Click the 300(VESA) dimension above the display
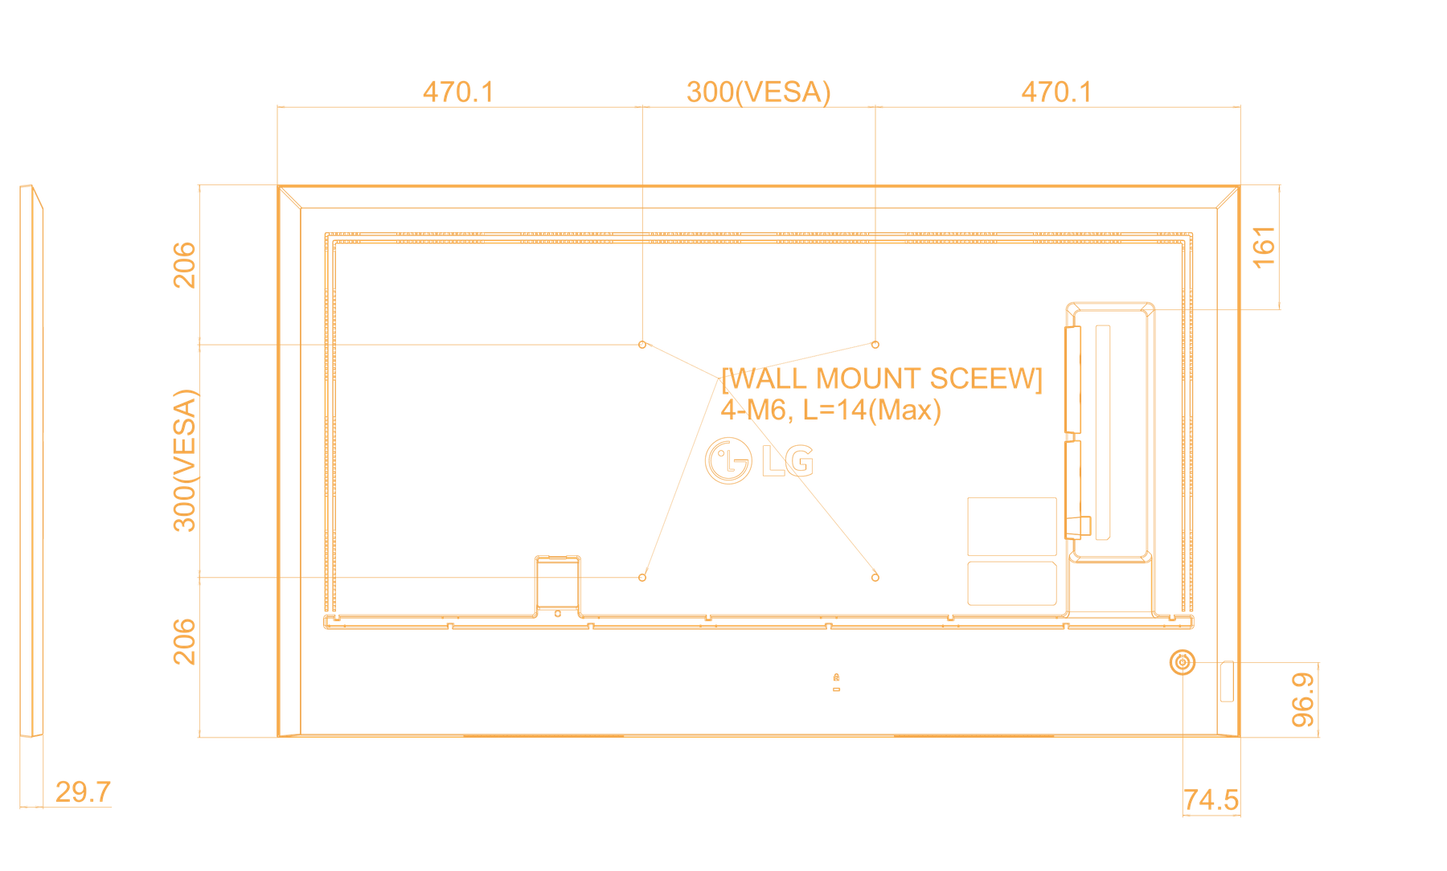coord(758,92)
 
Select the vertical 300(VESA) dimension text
coord(185,460)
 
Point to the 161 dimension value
coord(1264,247)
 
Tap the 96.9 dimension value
coord(1302,700)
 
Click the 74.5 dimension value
coord(1211,800)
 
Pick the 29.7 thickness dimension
coord(83,792)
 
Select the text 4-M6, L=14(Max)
coord(830,411)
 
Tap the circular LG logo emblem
coord(728,461)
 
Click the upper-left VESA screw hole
coord(642,345)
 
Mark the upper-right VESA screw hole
coord(875,345)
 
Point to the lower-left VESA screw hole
coord(642,577)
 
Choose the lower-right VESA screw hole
coord(875,577)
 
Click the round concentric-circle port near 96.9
coord(1183,663)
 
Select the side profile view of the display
coord(31,461)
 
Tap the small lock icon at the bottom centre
coord(836,677)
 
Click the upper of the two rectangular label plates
coord(1012,526)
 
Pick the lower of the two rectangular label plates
coord(1012,583)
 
